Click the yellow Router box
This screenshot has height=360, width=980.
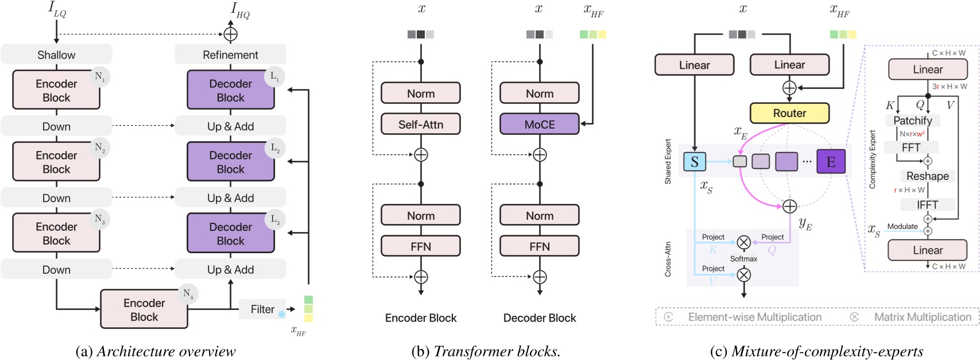click(789, 113)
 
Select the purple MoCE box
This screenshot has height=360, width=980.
click(539, 124)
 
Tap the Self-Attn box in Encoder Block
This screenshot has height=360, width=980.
click(420, 124)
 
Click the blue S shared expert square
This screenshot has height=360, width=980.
click(694, 162)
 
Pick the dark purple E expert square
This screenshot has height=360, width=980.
click(830, 162)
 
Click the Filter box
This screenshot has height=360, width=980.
click(262, 309)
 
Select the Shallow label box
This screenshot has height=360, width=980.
click(56, 55)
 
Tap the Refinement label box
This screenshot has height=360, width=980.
click(230, 55)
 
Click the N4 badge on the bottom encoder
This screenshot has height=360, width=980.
click(188, 293)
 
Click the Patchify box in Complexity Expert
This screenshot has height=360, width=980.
click(912, 121)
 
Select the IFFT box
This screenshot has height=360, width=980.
click(927, 204)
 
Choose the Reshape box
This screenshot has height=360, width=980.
click(927, 176)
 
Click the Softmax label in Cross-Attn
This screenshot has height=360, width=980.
click(743, 259)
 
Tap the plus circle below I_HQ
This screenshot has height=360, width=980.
click(230, 34)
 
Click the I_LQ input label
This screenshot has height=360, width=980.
click(57, 10)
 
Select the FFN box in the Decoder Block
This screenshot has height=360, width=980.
click(539, 246)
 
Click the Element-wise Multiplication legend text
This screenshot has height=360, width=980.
click(754, 317)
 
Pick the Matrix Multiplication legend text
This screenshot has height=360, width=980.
click(922, 317)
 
